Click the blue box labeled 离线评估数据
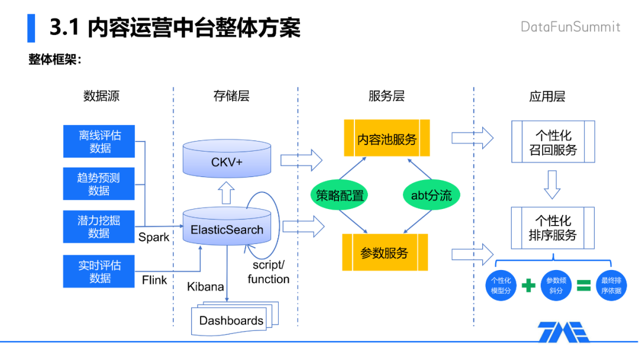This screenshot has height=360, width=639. (99, 142)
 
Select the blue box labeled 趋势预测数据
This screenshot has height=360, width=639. (99, 184)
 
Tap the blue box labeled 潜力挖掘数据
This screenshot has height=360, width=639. (99, 227)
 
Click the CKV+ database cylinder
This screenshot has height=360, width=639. (227, 159)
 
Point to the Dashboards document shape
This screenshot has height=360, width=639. (231, 320)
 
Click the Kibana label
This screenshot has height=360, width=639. (205, 287)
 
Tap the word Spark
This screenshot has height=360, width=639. (154, 237)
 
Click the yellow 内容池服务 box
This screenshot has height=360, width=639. (387, 139)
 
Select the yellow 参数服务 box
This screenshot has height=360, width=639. (385, 253)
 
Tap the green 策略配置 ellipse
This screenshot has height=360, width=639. (340, 195)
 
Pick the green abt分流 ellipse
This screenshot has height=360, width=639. (431, 195)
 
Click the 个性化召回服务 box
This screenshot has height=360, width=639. (553, 142)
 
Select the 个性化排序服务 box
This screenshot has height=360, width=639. (553, 228)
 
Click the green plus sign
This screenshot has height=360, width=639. (528, 286)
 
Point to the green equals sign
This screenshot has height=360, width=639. (583, 286)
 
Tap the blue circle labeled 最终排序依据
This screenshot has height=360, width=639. (611, 285)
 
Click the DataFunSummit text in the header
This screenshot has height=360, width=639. (570, 27)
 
